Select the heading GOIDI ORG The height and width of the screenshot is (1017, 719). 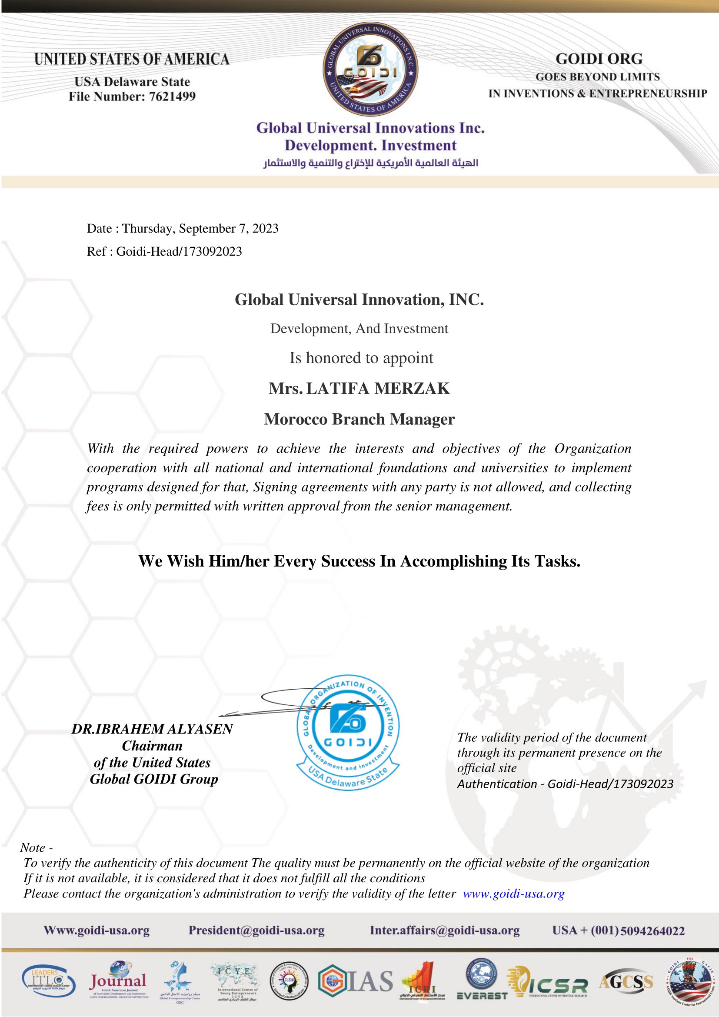599,59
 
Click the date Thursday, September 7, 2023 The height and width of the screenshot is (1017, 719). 200,229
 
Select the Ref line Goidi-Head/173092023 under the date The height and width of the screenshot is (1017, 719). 179,252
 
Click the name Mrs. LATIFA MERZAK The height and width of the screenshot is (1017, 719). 359,388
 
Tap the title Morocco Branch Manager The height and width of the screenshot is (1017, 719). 359,419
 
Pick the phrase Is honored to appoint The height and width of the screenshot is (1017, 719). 361,358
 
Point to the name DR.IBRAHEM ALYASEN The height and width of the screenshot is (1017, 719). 152,729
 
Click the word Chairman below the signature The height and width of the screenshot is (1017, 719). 152,746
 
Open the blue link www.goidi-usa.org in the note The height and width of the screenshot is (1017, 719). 513,894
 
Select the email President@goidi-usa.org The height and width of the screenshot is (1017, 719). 256,930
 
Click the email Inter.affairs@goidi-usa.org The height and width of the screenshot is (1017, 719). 445,930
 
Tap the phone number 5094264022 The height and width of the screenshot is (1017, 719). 652,931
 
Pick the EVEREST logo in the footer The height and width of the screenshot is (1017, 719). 482,983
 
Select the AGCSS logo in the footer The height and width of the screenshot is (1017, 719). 626,981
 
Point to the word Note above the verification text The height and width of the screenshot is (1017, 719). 33,847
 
